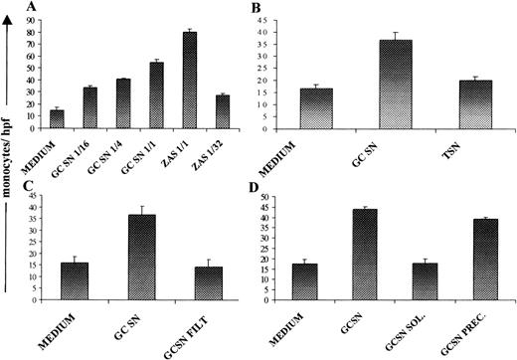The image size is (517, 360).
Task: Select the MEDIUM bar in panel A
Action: point(57,119)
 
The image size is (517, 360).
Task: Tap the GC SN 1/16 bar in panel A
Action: point(89,108)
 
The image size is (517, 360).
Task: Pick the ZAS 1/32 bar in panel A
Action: point(222,111)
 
